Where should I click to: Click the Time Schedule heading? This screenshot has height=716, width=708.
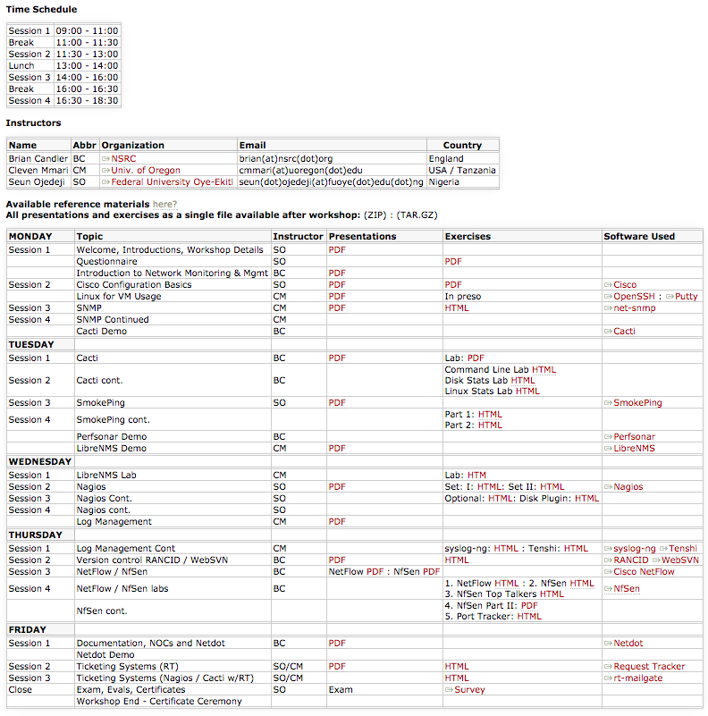[41, 10]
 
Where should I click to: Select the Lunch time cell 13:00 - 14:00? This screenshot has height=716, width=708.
[87, 65]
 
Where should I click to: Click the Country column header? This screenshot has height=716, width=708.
[462, 145]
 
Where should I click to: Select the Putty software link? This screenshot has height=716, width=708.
[687, 296]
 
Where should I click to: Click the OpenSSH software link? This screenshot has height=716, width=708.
[636, 296]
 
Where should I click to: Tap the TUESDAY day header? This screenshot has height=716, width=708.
[31, 344]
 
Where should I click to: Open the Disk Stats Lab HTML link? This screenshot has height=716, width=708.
[523, 380]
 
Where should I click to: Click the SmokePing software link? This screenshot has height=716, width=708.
[637, 402]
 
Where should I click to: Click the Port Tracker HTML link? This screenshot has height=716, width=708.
[529, 616]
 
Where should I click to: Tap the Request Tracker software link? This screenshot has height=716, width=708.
[649, 666]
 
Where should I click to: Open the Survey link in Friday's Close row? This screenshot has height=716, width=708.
[469, 689]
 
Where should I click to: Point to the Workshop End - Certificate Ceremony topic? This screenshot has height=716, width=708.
[159, 701]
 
